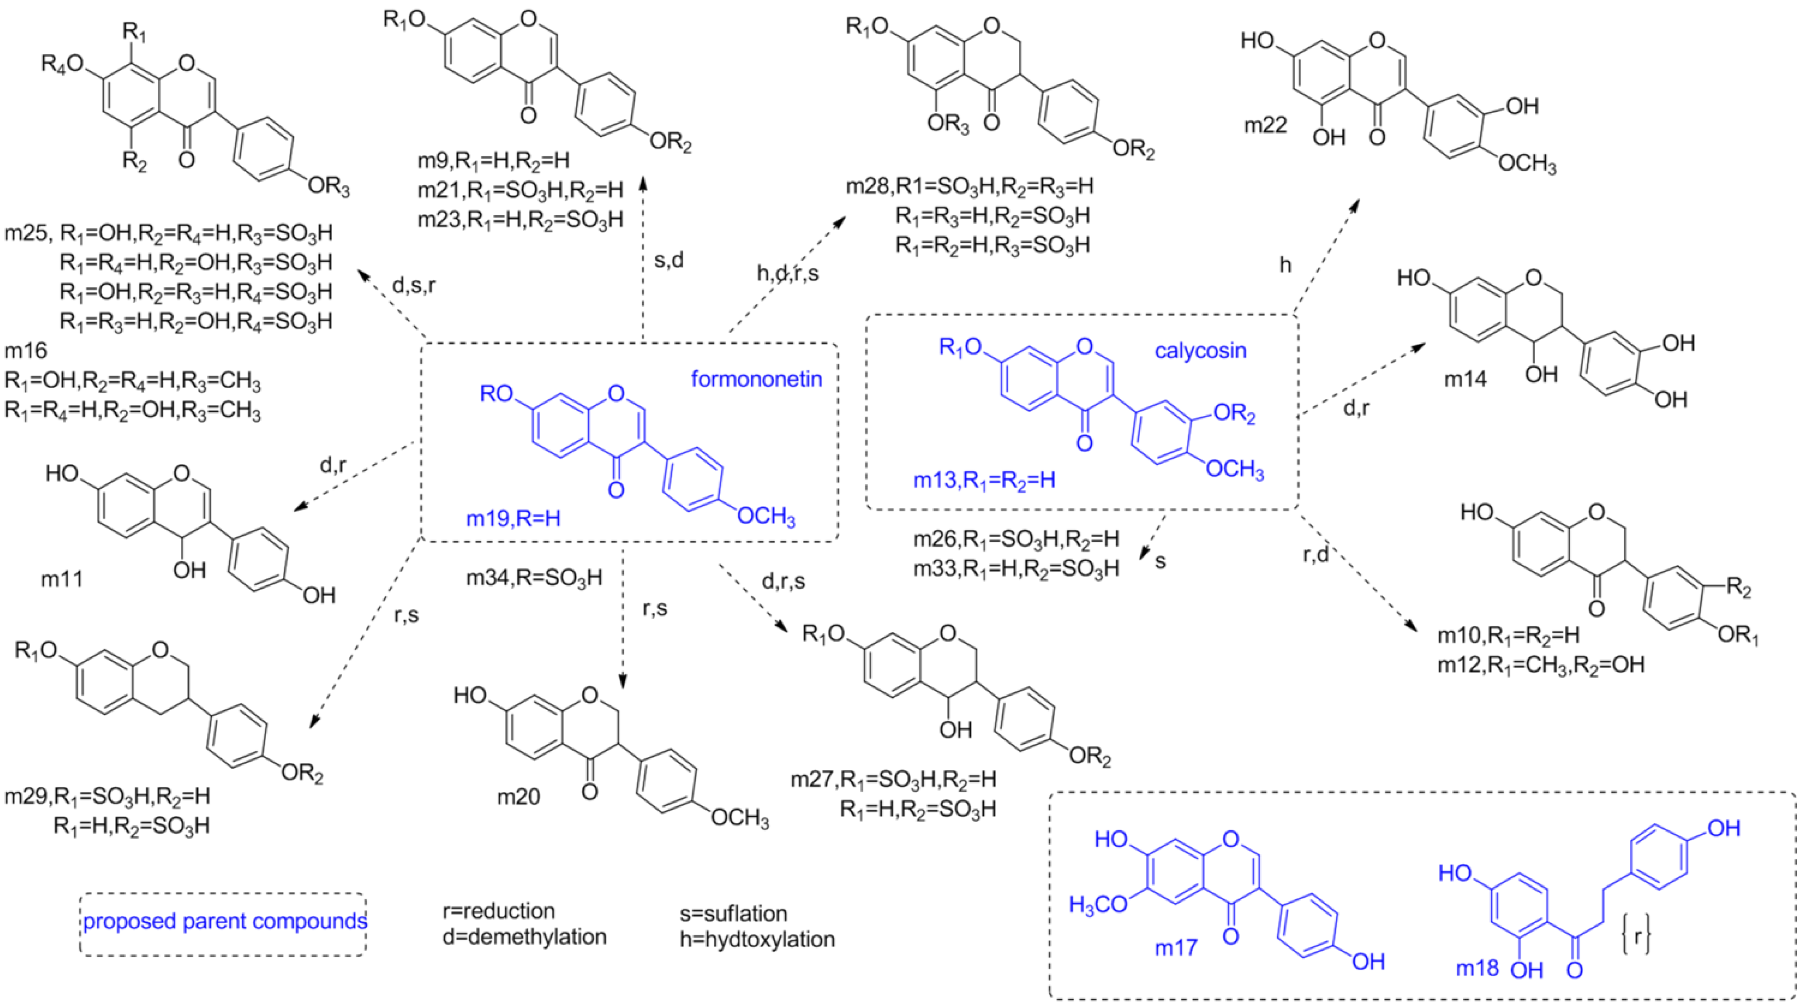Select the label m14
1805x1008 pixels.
1465,379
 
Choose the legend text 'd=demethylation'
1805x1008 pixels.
524,937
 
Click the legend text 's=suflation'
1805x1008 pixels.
733,913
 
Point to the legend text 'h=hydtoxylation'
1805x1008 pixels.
757,939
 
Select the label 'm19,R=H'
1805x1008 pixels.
514,519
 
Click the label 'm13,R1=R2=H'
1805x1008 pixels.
984,481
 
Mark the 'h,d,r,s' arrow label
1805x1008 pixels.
787,273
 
